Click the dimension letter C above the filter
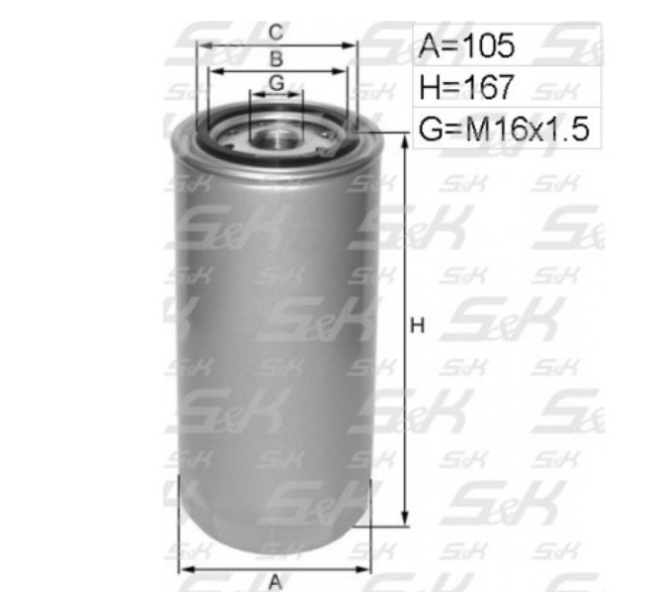pos(277,34)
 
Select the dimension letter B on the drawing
pos(277,59)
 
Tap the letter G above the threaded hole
pos(277,83)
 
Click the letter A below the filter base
pos(275,582)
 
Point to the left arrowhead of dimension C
pos(201,45)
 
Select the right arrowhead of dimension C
pos(353,45)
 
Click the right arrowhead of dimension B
pos(343,71)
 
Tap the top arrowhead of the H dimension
pos(403,141)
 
